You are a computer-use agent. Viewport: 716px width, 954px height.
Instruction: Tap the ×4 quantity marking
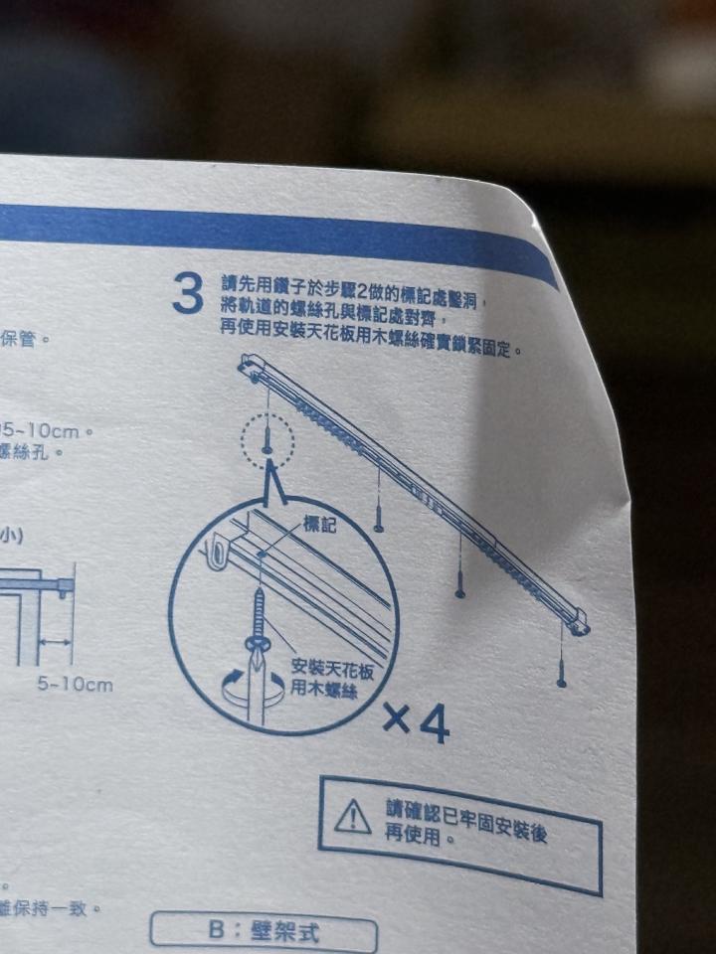coord(417,724)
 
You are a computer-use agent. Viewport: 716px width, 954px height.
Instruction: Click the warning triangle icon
coord(352,815)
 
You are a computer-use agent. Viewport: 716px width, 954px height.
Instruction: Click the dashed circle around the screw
coord(267,439)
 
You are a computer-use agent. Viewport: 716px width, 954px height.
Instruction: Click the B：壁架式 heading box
coord(264,932)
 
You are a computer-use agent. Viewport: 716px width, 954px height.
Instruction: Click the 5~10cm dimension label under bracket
coord(76,685)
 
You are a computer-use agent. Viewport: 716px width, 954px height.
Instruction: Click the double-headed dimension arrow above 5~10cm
coord(54,644)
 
